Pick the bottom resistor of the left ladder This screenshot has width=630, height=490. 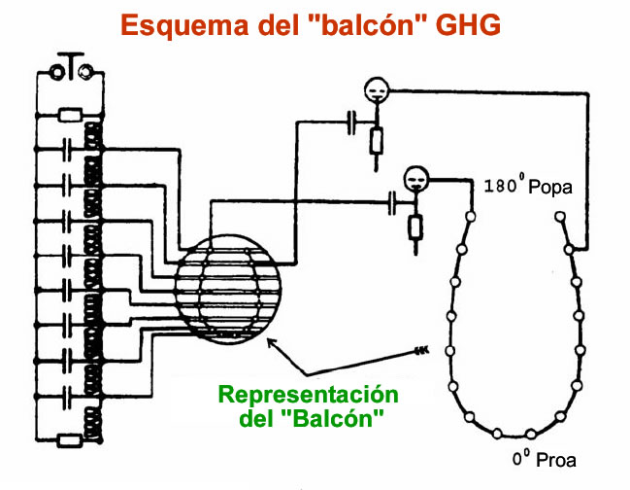(x=69, y=439)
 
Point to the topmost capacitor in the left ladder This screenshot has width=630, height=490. (x=66, y=150)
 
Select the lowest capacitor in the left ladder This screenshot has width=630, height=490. (x=66, y=398)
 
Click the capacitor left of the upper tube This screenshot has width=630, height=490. (x=352, y=120)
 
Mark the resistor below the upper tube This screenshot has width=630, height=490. (x=375, y=143)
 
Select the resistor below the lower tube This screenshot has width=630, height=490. (x=415, y=227)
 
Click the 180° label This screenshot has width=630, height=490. (x=503, y=184)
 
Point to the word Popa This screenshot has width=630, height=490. (x=553, y=185)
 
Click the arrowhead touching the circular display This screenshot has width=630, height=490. (x=273, y=339)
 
